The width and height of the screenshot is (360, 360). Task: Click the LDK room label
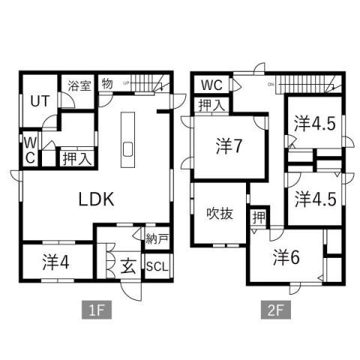pyautogui.click(x=96, y=199)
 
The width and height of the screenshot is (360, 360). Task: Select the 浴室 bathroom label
pyautogui.click(x=80, y=85)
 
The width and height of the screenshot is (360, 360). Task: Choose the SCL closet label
pyautogui.click(x=157, y=268)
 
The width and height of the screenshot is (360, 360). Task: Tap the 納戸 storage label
pyautogui.click(x=157, y=241)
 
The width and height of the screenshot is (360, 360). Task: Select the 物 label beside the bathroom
pyautogui.click(x=107, y=84)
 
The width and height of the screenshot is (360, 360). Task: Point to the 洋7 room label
pyautogui.click(x=228, y=146)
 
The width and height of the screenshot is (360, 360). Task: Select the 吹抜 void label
pyautogui.click(x=220, y=213)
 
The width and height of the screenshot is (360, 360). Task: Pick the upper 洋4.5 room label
pyautogui.click(x=313, y=123)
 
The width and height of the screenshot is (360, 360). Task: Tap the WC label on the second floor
pyautogui.click(x=211, y=84)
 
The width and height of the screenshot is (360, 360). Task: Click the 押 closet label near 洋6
pyautogui.click(x=257, y=218)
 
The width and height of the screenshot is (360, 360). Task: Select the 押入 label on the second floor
pyautogui.click(x=211, y=105)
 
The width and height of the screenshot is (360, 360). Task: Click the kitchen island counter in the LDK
pyautogui.click(x=126, y=141)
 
